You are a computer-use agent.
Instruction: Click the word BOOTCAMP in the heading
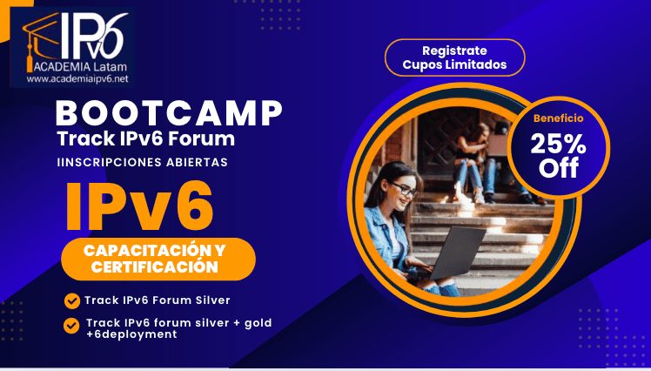[x=169, y=113]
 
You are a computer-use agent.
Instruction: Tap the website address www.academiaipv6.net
[x=77, y=78]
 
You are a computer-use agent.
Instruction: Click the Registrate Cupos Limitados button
[x=454, y=57]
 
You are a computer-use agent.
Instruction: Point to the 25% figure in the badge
[x=559, y=145]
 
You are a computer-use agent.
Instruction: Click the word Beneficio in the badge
[x=559, y=118]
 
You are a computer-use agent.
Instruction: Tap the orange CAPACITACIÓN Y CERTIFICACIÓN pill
[x=158, y=259]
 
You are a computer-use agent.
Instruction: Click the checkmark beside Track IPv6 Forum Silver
[x=72, y=301]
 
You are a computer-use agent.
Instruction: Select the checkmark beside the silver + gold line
[x=71, y=326]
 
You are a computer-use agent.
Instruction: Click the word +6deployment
[x=131, y=334]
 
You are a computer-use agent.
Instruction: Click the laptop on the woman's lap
[x=455, y=253]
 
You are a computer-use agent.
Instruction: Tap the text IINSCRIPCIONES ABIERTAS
[x=143, y=162]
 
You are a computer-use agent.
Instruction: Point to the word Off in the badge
[x=559, y=167]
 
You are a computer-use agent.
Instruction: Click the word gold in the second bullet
[x=258, y=323]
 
